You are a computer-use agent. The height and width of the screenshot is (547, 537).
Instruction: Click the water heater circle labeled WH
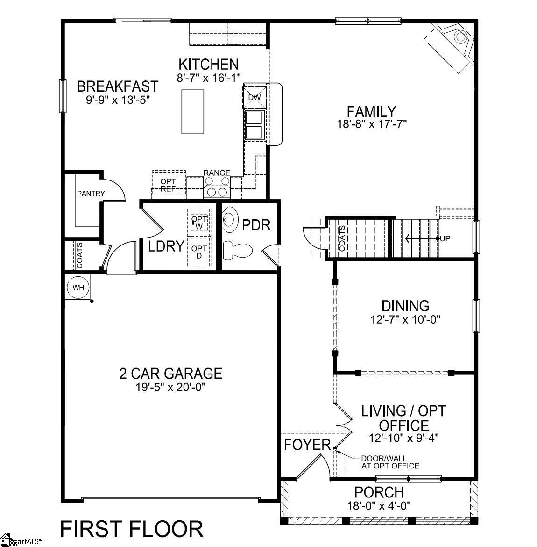click(78, 287)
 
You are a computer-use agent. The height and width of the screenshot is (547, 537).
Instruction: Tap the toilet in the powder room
click(237, 250)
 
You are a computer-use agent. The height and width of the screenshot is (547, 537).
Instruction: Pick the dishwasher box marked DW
click(254, 97)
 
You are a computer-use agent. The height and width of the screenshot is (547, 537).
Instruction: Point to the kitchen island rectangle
click(192, 112)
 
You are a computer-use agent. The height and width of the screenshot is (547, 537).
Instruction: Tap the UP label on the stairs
click(445, 238)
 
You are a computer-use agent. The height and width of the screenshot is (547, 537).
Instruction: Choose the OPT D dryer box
click(199, 252)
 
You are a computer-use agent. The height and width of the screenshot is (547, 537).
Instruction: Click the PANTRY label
click(91, 194)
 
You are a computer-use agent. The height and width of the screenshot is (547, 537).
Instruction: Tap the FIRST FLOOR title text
click(132, 529)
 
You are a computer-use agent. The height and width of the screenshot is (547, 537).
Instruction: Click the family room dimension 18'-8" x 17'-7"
click(371, 124)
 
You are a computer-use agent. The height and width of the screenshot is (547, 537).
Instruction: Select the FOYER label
click(307, 445)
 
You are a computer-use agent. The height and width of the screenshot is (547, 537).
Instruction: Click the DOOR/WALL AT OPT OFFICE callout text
click(390, 462)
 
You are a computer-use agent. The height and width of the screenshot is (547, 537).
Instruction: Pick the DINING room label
click(405, 306)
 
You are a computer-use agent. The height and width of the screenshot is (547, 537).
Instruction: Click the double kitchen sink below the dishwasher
click(254, 124)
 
